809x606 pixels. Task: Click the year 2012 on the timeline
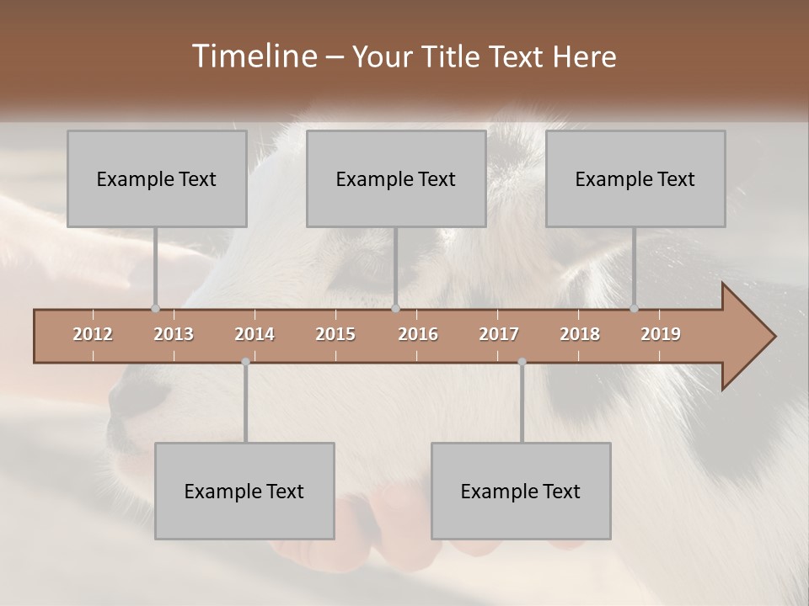[93, 334]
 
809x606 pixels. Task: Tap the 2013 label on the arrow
[174, 334]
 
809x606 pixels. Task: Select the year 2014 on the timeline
[254, 334]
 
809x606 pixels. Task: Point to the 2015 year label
[335, 334]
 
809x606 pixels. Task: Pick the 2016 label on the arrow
[418, 334]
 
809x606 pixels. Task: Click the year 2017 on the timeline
[499, 334]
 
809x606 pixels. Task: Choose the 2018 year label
[580, 334]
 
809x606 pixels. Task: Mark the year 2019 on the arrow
[661, 334]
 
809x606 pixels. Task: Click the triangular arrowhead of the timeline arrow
[746, 337]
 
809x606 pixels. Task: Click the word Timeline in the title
[253, 56]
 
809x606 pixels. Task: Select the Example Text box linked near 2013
[157, 178]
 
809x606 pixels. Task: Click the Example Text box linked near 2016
[396, 178]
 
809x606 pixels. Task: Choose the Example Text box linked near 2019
[635, 178]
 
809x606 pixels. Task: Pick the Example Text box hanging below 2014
[244, 491]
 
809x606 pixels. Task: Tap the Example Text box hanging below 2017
[521, 491]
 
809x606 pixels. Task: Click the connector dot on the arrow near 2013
[155, 308]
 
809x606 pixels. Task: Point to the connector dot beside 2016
[396, 308]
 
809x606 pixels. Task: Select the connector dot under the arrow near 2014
[245, 362]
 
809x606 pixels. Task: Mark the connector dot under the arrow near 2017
[522, 362]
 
